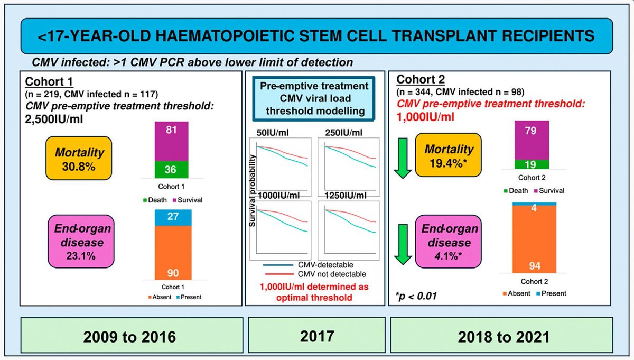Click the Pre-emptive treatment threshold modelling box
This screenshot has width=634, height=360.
pyautogui.click(x=316, y=99)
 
